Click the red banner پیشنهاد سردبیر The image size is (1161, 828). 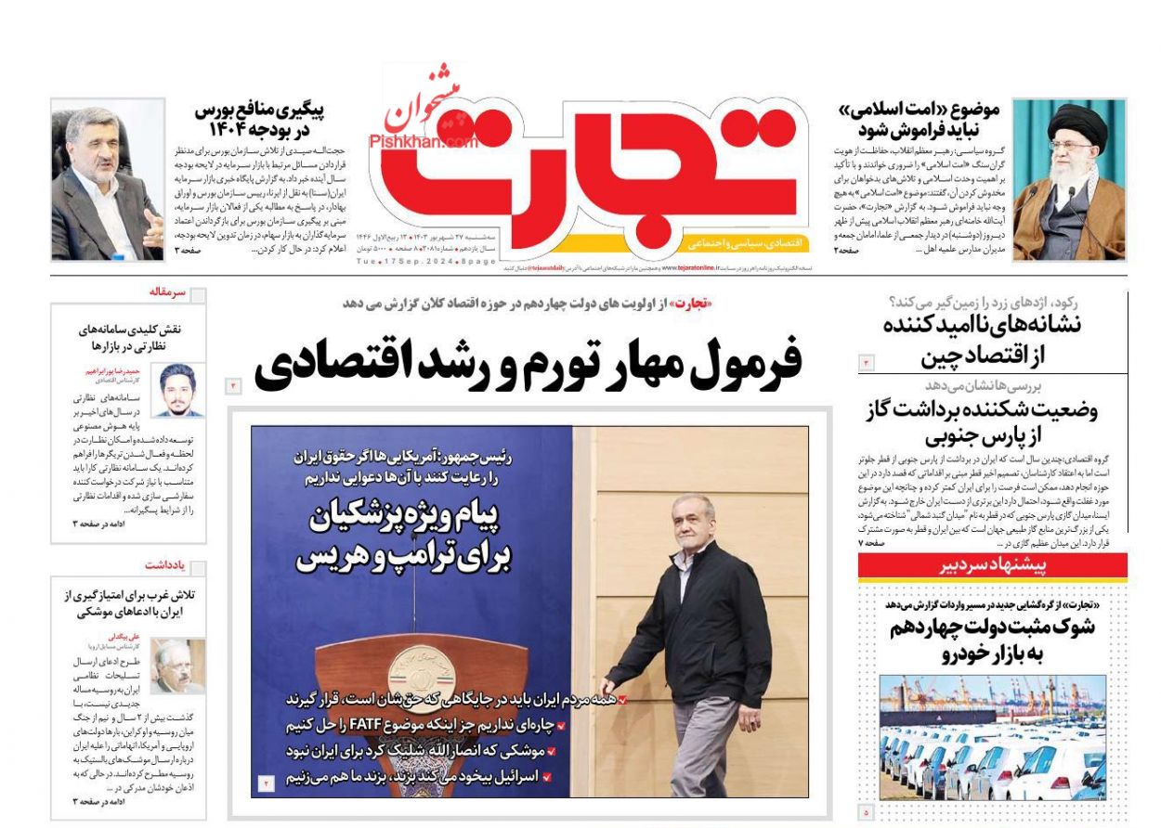coord(992,565)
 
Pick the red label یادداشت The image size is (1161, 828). coord(165,564)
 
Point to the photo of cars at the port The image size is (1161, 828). coord(992,737)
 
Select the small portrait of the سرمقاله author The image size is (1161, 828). coord(180,390)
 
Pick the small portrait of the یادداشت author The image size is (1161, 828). coord(177,666)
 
